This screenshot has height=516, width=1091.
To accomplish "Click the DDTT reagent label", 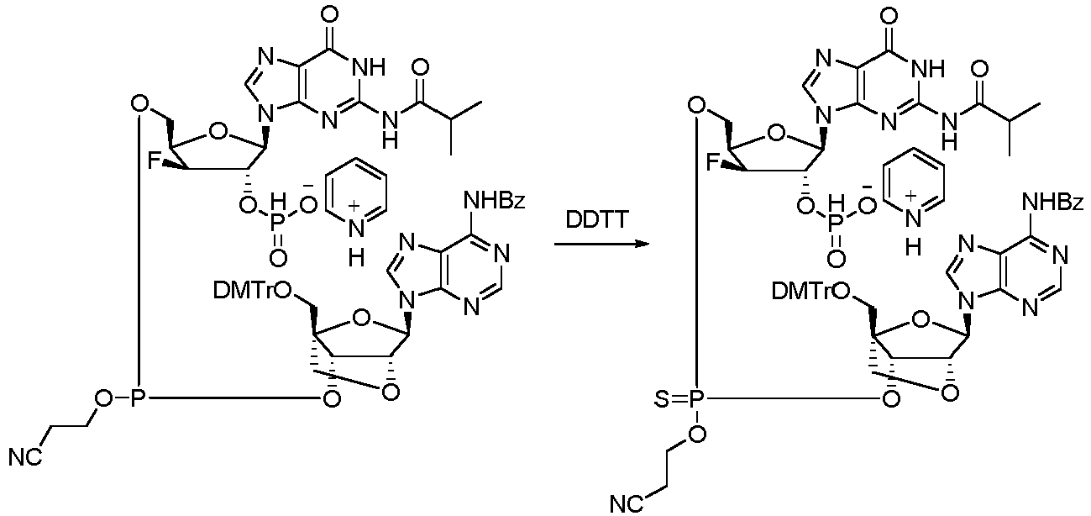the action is point(597,220).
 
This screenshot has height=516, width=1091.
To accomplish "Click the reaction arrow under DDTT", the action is point(602,242).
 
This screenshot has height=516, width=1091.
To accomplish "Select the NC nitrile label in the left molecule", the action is point(26,457).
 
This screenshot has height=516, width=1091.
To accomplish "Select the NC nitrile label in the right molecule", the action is point(627,504).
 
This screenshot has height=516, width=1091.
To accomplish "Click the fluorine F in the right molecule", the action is point(714,163).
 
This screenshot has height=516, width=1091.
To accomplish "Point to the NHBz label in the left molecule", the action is point(495,200).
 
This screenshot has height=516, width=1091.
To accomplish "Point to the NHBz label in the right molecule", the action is point(1052,201).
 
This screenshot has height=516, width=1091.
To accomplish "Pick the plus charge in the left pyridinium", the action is point(354,206).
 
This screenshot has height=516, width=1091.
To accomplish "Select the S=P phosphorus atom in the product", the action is point(696,399).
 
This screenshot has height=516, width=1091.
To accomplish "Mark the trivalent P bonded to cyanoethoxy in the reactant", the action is point(139,398).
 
